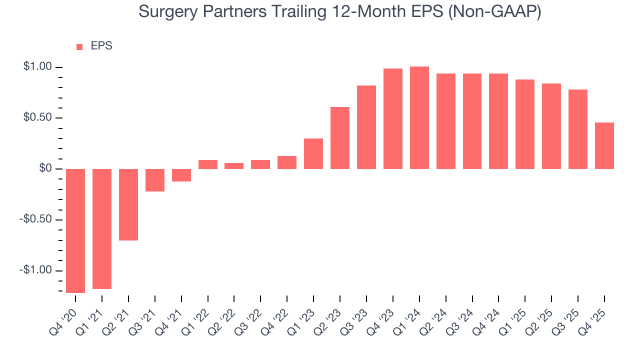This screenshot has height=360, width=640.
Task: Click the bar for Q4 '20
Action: pyautogui.click(x=75, y=230)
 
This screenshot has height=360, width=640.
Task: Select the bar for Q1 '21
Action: pyautogui.click(x=102, y=228)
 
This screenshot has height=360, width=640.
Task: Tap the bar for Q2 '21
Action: pyautogui.click(x=128, y=204)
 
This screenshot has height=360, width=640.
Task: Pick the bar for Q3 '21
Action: pyautogui.click(x=155, y=180)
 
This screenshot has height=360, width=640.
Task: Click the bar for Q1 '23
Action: pyautogui.click(x=313, y=153)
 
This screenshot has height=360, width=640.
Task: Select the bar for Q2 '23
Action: pyautogui.click(x=340, y=138)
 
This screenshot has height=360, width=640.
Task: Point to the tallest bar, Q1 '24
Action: pyautogui.click(x=419, y=117)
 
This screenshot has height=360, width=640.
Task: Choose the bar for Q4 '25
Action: pyautogui.click(x=604, y=145)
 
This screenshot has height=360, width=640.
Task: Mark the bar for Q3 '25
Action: pyautogui.click(x=578, y=129)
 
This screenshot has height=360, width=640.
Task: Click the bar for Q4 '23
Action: pyautogui.click(x=393, y=118)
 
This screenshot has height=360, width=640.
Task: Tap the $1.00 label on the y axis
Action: pyautogui.click(x=37, y=67)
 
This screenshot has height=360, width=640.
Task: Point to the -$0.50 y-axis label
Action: pyautogui.click(x=36, y=219)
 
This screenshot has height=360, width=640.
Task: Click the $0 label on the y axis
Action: pyautogui.click(x=45, y=168)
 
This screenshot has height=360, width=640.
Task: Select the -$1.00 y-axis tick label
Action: pyautogui.click(x=36, y=270)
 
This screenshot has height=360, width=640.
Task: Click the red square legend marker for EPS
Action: pyautogui.click(x=79, y=47)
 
